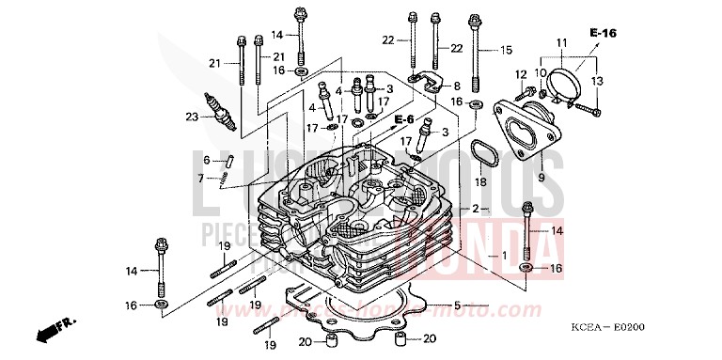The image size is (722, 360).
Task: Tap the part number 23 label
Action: point(192,117)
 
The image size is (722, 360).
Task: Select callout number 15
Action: point(507,50)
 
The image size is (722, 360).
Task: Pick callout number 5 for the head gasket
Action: point(457,305)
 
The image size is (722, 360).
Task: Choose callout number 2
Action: point(477,209)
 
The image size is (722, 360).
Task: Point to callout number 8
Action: point(457,86)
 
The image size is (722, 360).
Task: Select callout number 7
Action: point(200,178)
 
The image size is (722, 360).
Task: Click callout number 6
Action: point(206,160)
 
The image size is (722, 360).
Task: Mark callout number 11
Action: point(562,43)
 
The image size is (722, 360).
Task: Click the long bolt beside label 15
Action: point(479,56)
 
